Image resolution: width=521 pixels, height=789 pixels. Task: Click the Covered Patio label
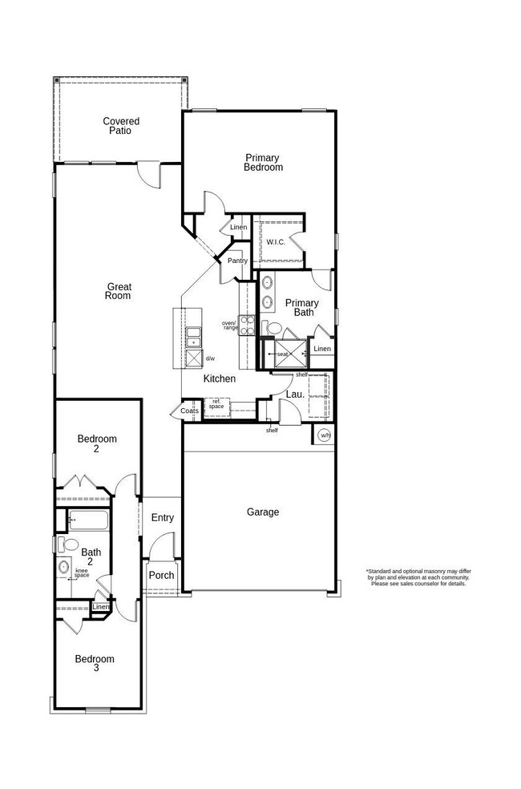click(120, 126)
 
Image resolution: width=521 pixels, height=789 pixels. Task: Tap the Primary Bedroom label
click(264, 163)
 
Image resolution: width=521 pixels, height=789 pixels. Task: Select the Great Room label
click(117, 291)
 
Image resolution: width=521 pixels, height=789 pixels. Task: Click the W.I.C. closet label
click(276, 241)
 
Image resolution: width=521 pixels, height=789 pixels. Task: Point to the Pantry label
click(237, 261)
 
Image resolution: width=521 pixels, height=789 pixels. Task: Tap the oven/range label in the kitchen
click(230, 325)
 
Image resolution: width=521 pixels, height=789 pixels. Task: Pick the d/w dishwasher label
click(210, 358)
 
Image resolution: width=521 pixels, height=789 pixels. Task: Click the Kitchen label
click(219, 378)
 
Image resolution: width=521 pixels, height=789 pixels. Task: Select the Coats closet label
click(189, 411)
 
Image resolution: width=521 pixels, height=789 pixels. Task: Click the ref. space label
click(216, 404)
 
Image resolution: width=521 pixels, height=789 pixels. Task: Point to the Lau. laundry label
click(294, 394)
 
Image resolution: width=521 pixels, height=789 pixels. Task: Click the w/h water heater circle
click(324, 435)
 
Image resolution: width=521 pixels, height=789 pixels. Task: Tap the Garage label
click(262, 512)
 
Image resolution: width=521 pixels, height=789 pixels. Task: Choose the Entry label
click(162, 518)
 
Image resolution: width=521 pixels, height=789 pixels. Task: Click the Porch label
click(161, 575)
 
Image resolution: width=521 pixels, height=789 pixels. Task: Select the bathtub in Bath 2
click(88, 521)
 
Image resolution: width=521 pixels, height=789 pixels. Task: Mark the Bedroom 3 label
click(95, 664)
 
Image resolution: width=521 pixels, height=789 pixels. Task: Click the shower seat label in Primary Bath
click(282, 354)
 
